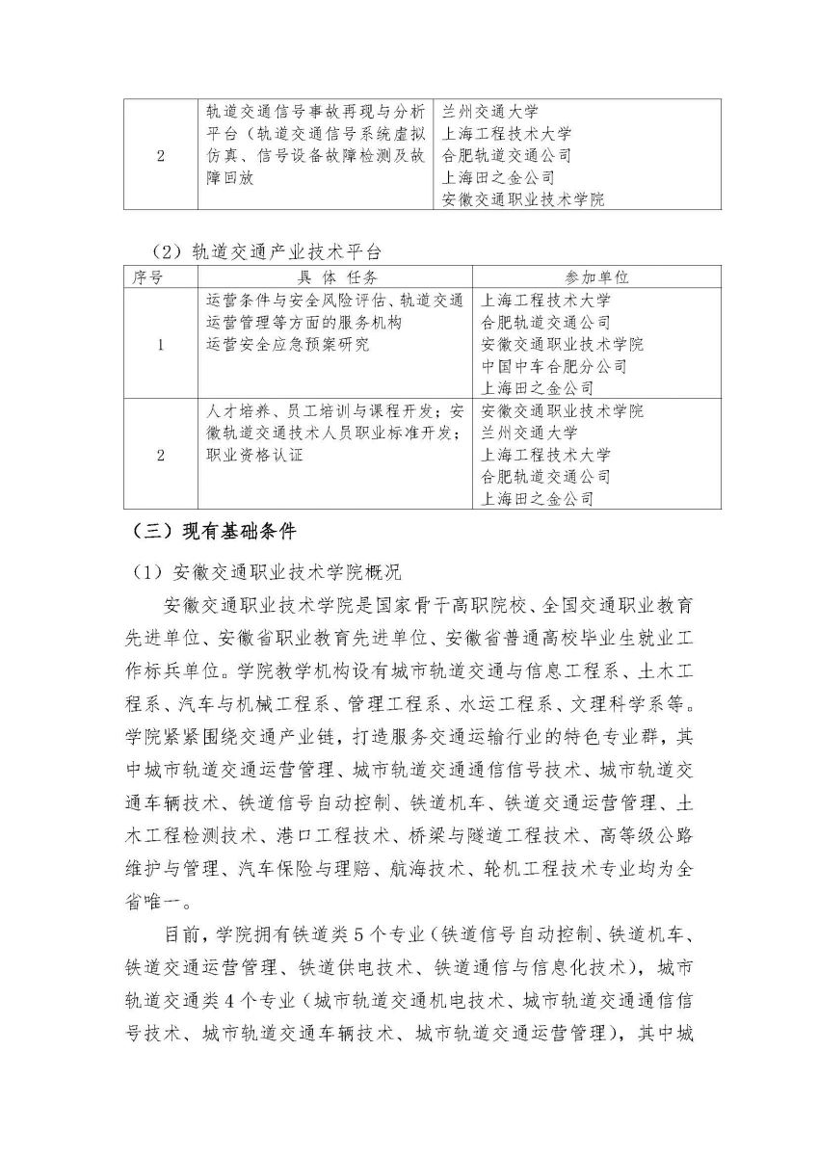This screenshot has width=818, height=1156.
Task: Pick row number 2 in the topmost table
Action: (x=160, y=156)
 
